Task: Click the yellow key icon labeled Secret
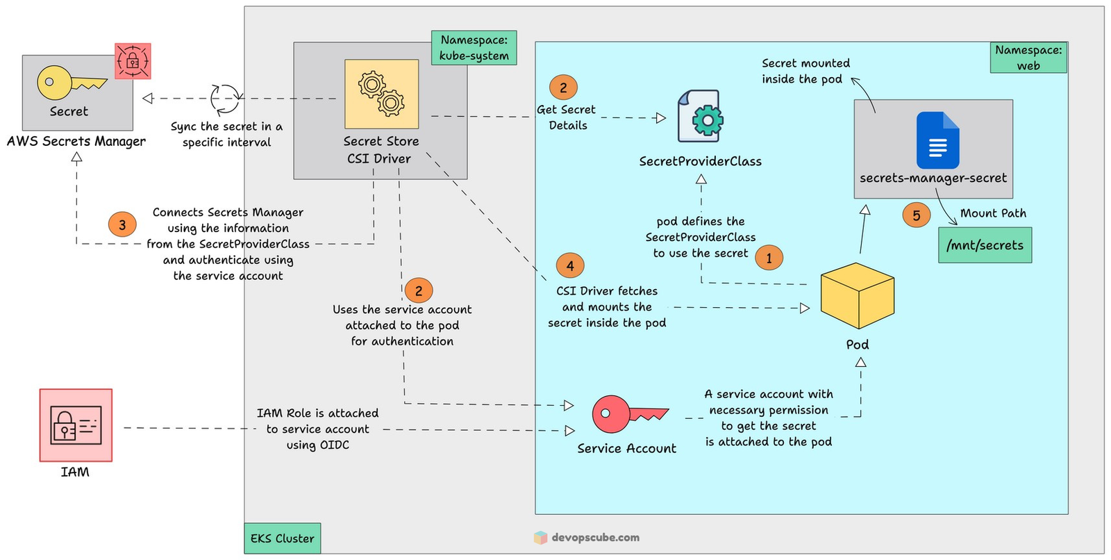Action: [69, 83]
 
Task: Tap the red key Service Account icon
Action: [628, 414]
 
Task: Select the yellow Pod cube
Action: [857, 296]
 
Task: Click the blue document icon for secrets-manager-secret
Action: [937, 140]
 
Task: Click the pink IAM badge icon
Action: [76, 425]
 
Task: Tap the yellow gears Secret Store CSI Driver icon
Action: [381, 94]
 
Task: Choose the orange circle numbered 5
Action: [916, 215]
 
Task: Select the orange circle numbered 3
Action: [122, 224]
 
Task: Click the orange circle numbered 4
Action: [570, 265]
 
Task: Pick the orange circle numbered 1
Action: [769, 258]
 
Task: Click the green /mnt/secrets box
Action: [985, 245]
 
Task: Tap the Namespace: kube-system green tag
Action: [474, 48]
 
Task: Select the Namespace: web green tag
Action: [1028, 58]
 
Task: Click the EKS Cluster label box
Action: [282, 538]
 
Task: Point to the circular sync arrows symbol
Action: [226, 99]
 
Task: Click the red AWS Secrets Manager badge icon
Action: [133, 61]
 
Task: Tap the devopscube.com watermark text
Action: [595, 537]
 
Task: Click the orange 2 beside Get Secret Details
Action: [563, 88]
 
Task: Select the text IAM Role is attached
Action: [317, 413]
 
